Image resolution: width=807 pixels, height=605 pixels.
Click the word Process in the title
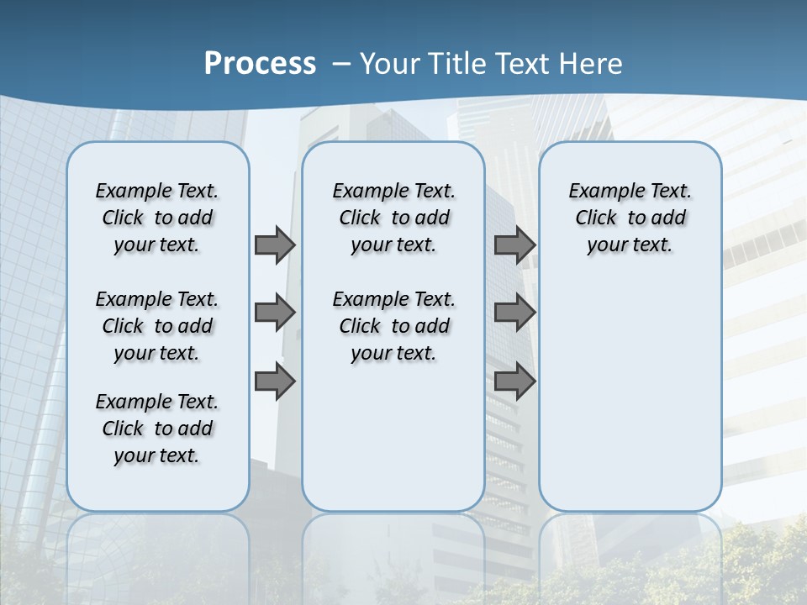pyautogui.click(x=260, y=63)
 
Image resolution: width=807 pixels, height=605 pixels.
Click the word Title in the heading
pyautogui.click(x=454, y=63)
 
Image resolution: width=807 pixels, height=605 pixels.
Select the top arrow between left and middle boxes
pyautogui.click(x=275, y=245)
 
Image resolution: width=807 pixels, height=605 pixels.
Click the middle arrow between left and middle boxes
pyautogui.click(x=275, y=313)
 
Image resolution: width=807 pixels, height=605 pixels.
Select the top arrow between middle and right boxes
pyautogui.click(x=514, y=245)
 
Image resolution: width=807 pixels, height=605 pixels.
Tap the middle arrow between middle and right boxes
pyautogui.click(x=514, y=313)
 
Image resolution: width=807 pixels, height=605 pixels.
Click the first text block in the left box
pyautogui.click(x=157, y=218)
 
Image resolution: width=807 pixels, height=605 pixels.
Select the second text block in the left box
pyautogui.click(x=157, y=326)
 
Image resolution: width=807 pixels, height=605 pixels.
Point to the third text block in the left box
pyautogui.click(x=157, y=429)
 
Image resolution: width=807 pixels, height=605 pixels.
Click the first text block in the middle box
pyautogui.click(x=394, y=218)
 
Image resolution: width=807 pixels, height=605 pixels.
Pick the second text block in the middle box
pyautogui.click(x=394, y=326)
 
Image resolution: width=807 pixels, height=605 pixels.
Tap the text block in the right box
pyautogui.click(x=630, y=218)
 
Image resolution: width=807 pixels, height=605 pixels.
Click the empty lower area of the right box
pyautogui.click(x=630, y=395)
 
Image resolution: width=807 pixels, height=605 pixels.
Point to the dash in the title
pyautogui.click(x=341, y=63)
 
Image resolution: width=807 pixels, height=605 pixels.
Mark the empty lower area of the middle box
pyautogui.click(x=393, y=437)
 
